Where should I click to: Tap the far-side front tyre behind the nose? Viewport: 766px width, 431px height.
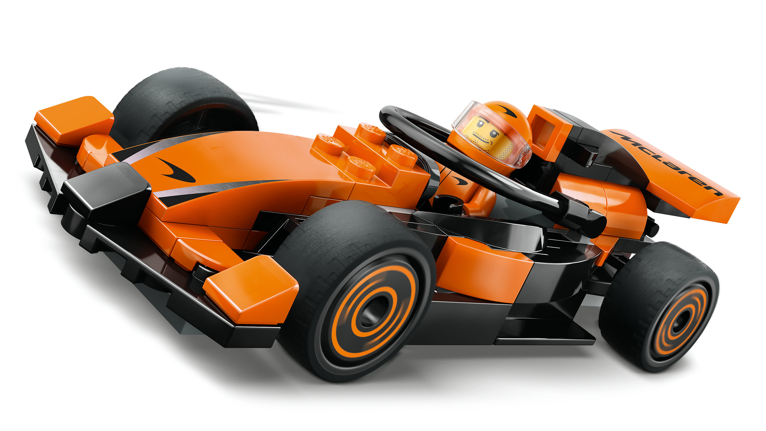(184, 104)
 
